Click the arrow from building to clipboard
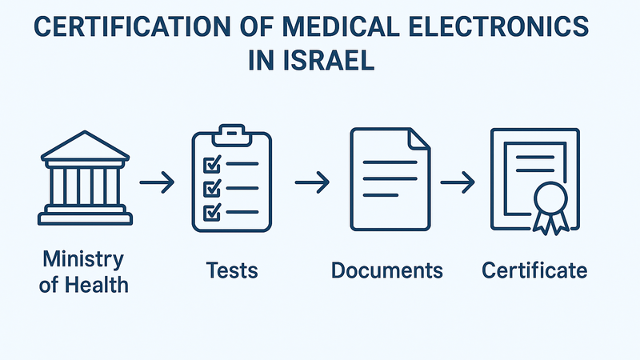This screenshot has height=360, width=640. [158, 183]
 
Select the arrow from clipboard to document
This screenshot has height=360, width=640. [313, 183]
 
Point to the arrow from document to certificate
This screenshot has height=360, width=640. [458, 183]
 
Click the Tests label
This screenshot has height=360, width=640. [231, 270]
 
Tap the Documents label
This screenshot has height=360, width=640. [387, 270]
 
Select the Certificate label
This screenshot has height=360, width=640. [534, 270]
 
